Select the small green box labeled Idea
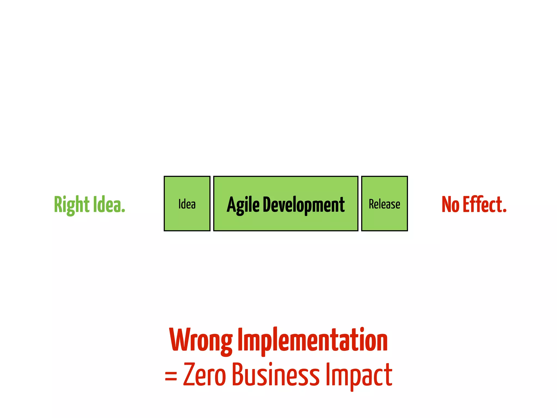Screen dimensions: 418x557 (187, 204)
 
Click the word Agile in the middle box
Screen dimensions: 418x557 (243, 205)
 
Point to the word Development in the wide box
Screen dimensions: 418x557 (304, 205)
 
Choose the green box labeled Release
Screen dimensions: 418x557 (384, 204)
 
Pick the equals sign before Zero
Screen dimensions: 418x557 (171, 376)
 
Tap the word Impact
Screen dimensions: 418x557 (359, 375)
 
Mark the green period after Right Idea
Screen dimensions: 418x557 (123, 211)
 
